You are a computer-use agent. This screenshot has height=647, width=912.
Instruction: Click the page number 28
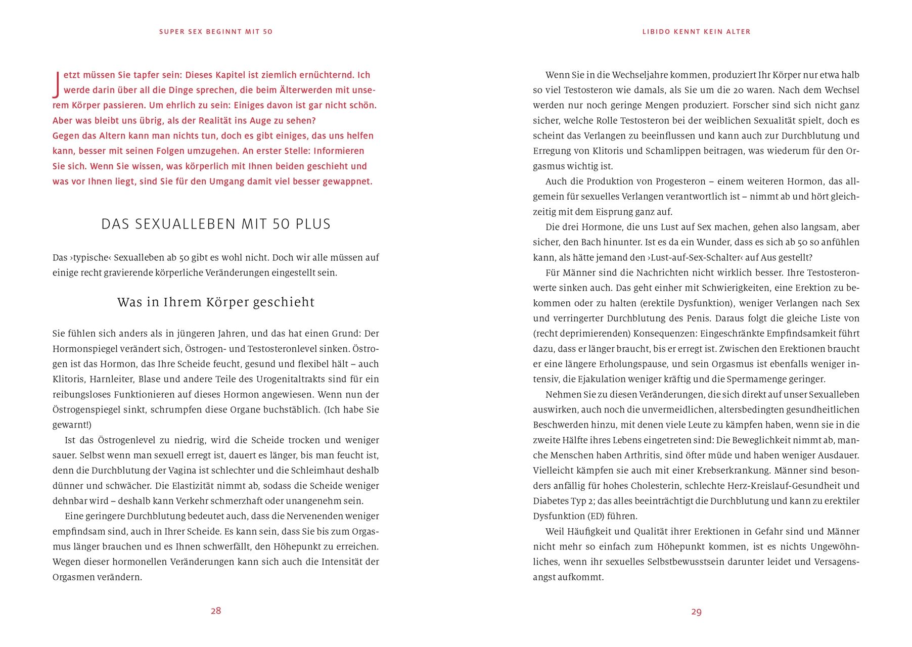point(216,611)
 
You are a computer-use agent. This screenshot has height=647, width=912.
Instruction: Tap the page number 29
point(696,612)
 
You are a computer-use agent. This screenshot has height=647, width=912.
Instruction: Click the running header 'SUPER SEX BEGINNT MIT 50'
point(216,31)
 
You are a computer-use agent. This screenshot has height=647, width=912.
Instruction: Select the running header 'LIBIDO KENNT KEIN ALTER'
point(696,31)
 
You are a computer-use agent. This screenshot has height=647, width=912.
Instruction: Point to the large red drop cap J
point(57,83)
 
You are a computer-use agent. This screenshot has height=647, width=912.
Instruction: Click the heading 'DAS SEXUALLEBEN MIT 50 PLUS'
point(216,224)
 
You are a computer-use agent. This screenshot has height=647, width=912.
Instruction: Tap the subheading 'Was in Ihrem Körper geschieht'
point(216,302)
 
